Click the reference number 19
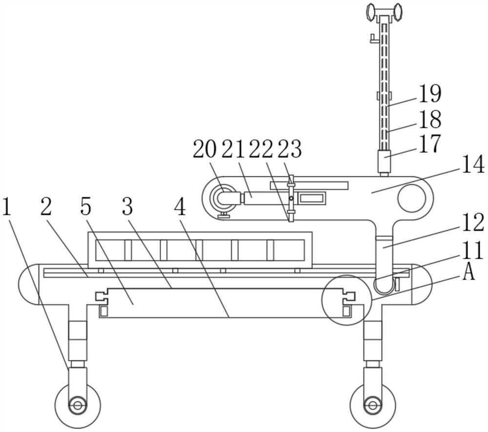(430, 94)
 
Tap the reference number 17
(430, 144)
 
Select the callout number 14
(472, 164)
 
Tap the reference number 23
(290, 149)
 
